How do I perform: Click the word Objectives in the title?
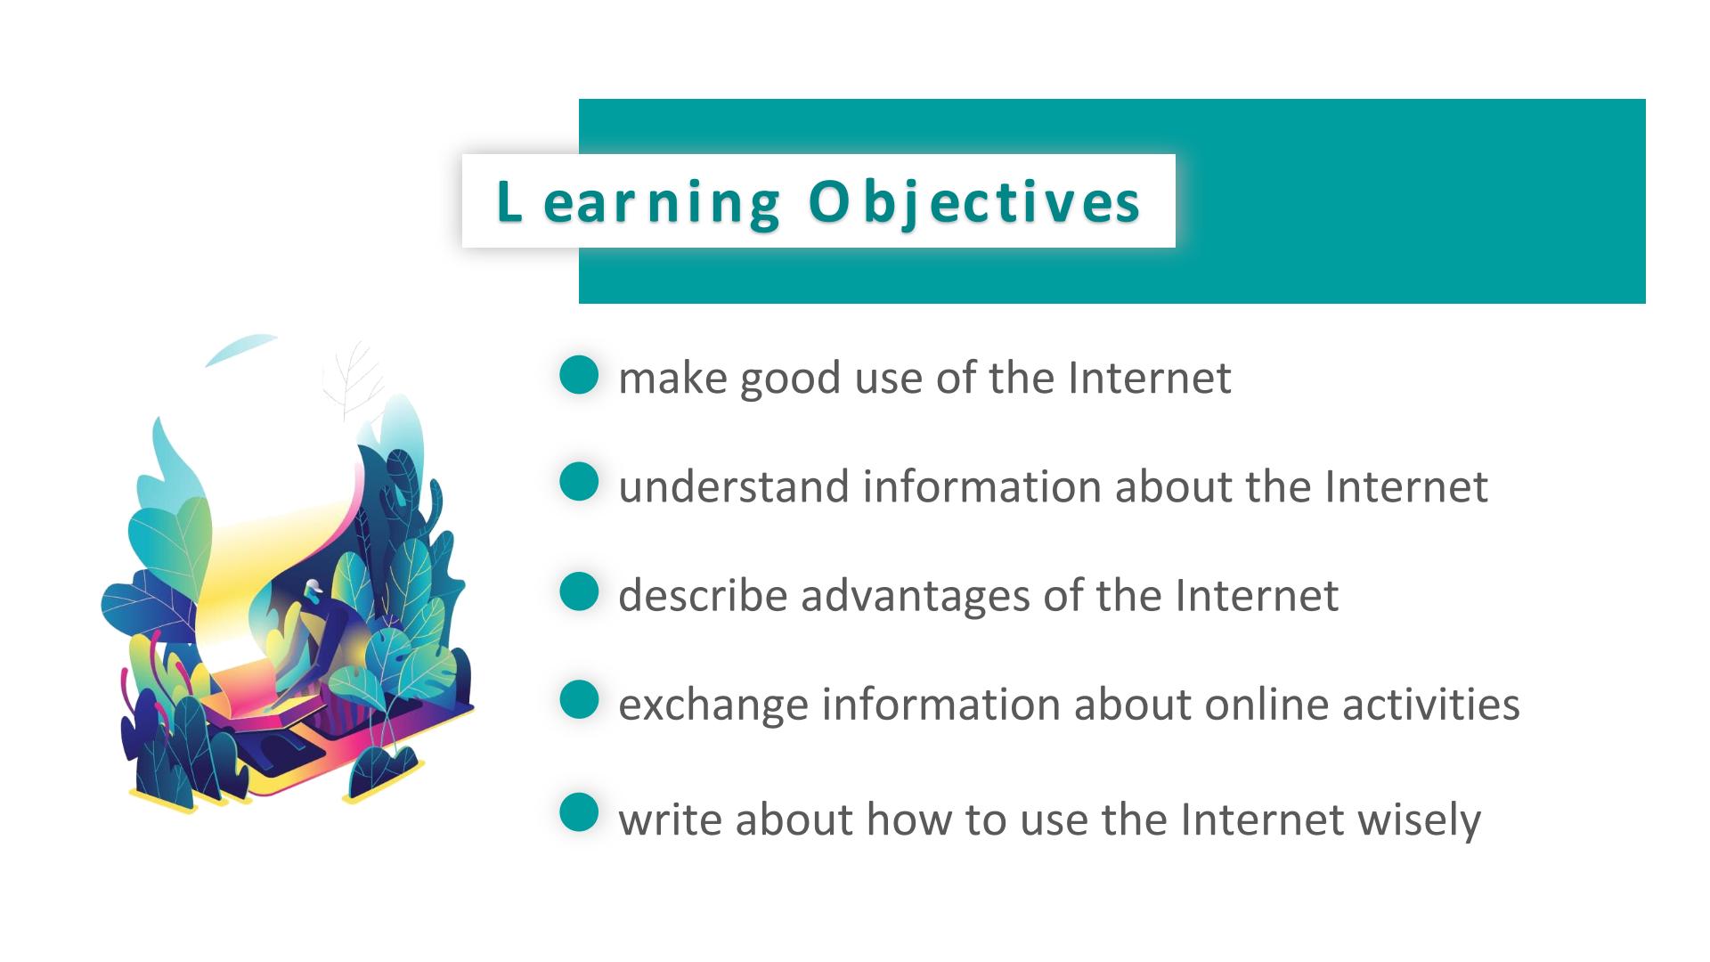point(974,203)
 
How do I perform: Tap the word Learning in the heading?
point(638,203)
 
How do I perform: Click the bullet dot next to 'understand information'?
point(579,482)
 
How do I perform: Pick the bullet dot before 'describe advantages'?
point(579,591)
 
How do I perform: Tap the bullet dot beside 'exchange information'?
point(579,699)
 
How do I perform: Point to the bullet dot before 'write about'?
point(579,812)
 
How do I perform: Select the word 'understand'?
point(734,486)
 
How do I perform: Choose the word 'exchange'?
point(713,705)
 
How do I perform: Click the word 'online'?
point(1266,704)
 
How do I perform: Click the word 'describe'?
point(704,595)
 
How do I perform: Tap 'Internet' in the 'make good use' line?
point(1150,378)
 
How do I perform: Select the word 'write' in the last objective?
point(671,819)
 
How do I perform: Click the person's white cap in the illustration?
point(312,586)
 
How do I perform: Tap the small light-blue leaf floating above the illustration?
point(241,349)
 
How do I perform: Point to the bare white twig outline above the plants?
point(352,381)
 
